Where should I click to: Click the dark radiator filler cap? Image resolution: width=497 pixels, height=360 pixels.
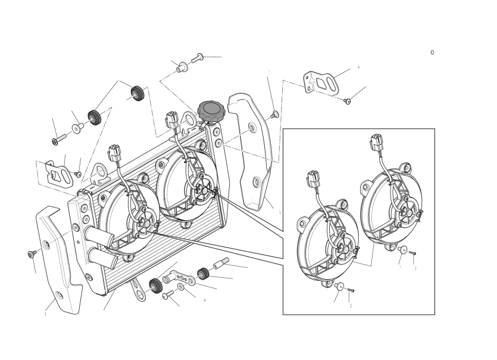pos(211,111)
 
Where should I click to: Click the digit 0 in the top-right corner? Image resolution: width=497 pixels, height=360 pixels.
pos(432,52)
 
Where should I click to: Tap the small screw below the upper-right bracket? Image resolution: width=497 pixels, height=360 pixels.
pos(347,101)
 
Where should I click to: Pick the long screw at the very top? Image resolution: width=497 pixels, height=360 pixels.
pos(197,58)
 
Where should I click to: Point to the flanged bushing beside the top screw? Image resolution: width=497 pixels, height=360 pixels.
pos(182,67)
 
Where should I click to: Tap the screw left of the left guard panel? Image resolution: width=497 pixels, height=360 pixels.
pos(32,254)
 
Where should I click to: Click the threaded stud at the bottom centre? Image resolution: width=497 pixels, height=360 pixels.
pos(221,264)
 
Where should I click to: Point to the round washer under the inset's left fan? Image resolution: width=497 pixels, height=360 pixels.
pos(339,286)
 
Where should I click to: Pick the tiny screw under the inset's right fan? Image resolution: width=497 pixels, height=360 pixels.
pos(412,253)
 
